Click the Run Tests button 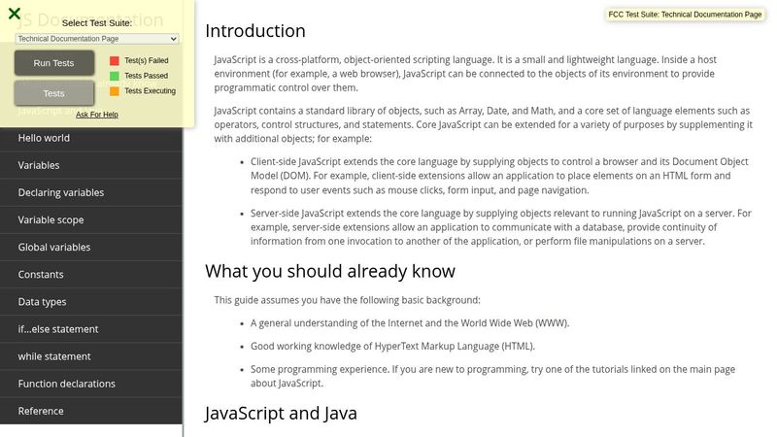click(x=53, y=63)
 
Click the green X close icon click(x=15, y=14)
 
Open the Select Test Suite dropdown click(x=97, y=38)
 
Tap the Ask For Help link click(x=97, y=115)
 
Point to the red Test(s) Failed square click(x=115, y=60)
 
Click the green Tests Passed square click(x=115, y=76)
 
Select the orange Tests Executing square click(x=115, y=91)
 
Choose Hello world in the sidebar click(x=44, y=138)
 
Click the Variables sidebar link click(x=39, y=165)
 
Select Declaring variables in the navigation click(x=61, y=192)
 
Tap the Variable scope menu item click(x=51, y=219)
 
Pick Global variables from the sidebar click(x=54, y=247)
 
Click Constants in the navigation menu click(x=41, y=274)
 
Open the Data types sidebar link click(x=43, y=302)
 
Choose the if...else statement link click(x=58, y=329)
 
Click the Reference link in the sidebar click(x=41, y=411)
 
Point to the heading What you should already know click(x=330, y=271)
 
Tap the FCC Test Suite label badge click(x=686, y=15)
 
